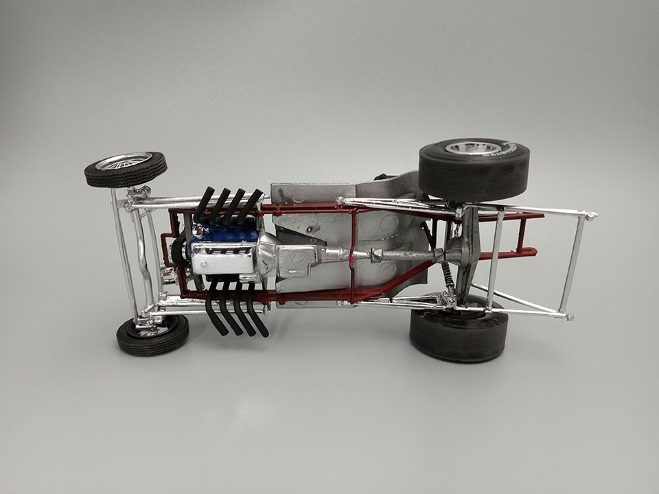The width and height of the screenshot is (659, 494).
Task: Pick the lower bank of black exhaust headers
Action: [237, 312]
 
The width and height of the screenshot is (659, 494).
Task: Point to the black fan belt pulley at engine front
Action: [179, 250]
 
